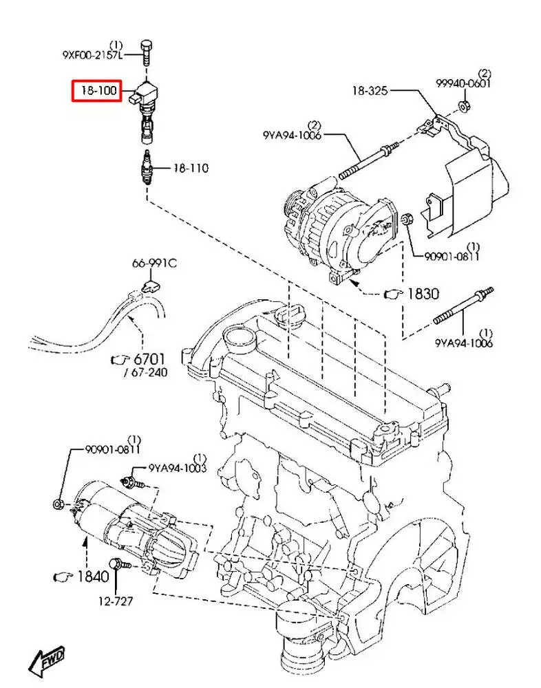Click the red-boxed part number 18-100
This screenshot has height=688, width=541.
click(x=99, y=91)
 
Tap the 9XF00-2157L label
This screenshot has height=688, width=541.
click(x=92, y=55)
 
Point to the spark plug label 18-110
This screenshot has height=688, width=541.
click(x=191, y=168)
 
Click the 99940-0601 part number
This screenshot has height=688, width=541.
click(x=463, y=83)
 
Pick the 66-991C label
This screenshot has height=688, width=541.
click(x=155, y=264)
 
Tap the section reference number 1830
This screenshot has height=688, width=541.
click(x=423, y=293)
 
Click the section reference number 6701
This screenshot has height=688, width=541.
click(x=149, y=359)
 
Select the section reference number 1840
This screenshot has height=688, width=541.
click(x=93, y=576)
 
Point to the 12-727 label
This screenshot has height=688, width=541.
click(x=116, y=601)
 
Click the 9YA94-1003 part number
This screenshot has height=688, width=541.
click(x=178, y=468)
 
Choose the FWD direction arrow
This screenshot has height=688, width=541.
click(x=47, y=663)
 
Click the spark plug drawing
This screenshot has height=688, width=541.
click(x=147, y=168)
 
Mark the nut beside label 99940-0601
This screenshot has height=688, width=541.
click(x=463, y=105)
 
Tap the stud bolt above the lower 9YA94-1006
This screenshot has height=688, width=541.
click(x=464, y=307)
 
